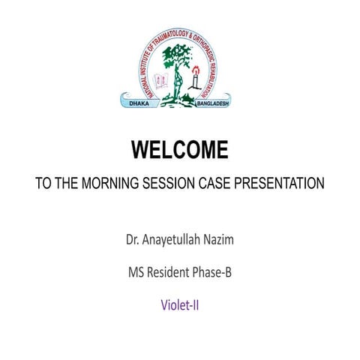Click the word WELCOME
[x=180, y=151]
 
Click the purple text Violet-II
[x=180, y=305]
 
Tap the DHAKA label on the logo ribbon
[x=139, y=101]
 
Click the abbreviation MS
[x=136, y=273]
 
